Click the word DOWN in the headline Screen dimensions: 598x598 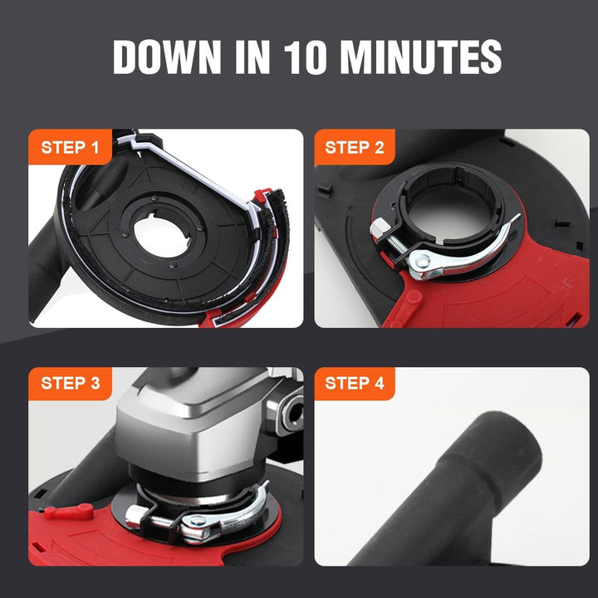click(167, 56)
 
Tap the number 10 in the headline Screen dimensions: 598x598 click(305, 56)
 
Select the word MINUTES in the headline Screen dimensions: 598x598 click(420, 56)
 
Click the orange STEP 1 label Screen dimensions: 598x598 click(70, 147)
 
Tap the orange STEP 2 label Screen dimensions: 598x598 click(355, 147)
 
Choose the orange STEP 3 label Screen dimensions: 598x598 click(70, 383)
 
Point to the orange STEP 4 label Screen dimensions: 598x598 click(355, 383)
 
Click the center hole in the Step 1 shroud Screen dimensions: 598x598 click(162, 237)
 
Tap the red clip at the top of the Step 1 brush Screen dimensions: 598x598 click(261, 195)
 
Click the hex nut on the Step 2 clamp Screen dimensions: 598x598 click(380, 229)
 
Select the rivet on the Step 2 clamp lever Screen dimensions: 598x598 click(422, 262)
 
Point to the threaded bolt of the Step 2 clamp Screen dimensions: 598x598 click(397, 244)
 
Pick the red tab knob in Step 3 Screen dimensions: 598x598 click(69, 512)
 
